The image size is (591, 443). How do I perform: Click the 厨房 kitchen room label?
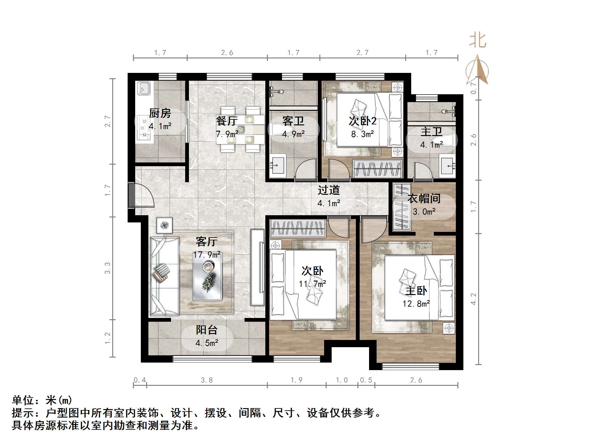(x=160, y=113)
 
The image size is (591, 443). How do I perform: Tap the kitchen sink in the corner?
(x=144, y=88)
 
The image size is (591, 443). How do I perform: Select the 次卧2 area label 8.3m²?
(x=362, y=134)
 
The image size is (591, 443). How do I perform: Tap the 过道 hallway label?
(x=329, y=190)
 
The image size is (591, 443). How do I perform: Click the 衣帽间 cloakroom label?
(x=424, y=199)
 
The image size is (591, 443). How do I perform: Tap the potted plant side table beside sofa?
(x=164, y=225)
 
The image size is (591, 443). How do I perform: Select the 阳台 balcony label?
(x=207, y=330)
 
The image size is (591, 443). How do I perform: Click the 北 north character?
(x=478, y=41)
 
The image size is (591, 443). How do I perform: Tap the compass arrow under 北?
(x=478, y=71)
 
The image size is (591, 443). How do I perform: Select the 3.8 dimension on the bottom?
(x=207, y=380)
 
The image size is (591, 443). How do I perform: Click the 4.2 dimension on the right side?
(x=474, y=299)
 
